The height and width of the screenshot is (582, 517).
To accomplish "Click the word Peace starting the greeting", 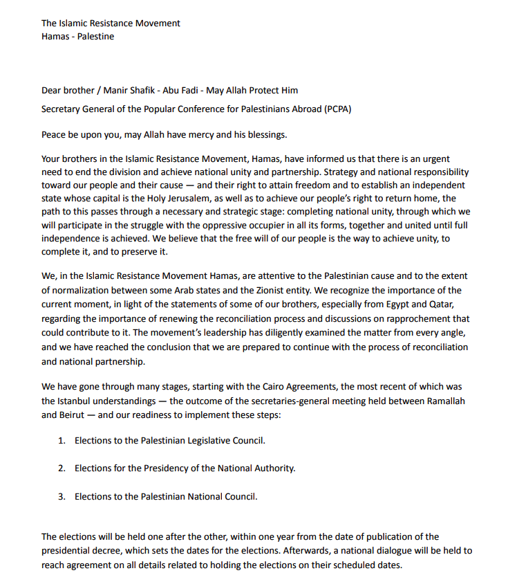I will coord(55,134).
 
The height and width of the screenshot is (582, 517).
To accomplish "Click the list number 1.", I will coord(61,440).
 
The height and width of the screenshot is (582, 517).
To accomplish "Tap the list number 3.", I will coord(61,496).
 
